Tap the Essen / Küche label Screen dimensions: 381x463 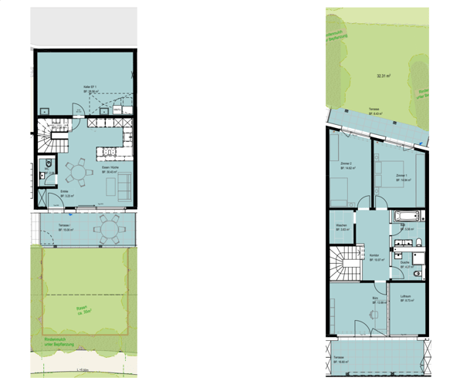click(x=110, y=170)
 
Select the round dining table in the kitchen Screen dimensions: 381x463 click(x=76, y=172)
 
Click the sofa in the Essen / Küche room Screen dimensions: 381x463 click(x=123, y=185)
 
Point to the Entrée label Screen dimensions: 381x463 click(x=67, y=195)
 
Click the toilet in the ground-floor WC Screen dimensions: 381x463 click(x=46, y=164)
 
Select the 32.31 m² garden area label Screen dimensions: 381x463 click(x=383, y=76)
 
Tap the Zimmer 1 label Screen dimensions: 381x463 click(x=401, y=177)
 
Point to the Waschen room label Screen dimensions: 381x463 click(x=342, y=228)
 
